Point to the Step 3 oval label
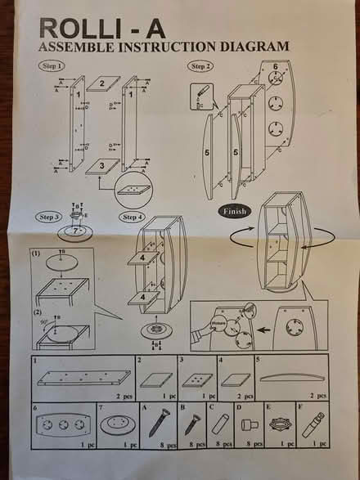(x=48, y=217)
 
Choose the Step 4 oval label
(x=130, y=217)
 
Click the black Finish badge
(x=236, y=210)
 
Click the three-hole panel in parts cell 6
(x=61, y=426)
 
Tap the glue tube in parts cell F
(x=315, y=424)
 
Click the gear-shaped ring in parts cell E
(x=281, y=424)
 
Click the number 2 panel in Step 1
(x=102, y=83)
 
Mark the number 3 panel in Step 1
(x=101, y=166)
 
